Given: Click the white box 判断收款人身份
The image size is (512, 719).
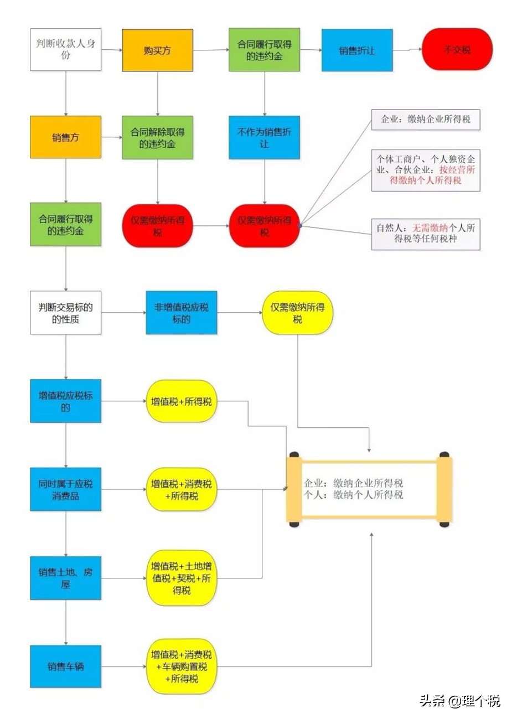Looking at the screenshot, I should (x=65, y=50).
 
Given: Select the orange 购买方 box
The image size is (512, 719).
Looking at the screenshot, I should (x=157, y=50).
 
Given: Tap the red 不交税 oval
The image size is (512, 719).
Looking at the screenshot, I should (x=457, y=50).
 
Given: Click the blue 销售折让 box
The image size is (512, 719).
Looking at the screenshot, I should (x=357, y=50).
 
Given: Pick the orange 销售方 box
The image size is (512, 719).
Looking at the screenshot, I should (x=65, y=137).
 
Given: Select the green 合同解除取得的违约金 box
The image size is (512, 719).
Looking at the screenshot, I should (x=157, y=137).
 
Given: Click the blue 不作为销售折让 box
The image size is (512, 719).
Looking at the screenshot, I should (x=264, y=137).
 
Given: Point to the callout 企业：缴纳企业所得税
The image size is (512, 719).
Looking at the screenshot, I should (x=425, y=120).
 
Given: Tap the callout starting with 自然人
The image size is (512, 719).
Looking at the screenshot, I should (x=425, y=234).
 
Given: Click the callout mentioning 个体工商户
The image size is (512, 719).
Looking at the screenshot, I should (x=425, y=170).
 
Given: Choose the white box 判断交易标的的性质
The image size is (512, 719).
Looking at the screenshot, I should (x=65, y=313).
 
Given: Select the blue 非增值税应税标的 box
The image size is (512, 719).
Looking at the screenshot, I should (x=181, y=313).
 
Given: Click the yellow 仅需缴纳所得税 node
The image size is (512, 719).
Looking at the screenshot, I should (x=297, y=313).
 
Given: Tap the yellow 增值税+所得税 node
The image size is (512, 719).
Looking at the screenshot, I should (x=181, y=401).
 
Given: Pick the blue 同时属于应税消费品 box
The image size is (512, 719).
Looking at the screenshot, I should (x=65, y=489).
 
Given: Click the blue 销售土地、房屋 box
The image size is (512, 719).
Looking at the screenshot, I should (x=65, y=578).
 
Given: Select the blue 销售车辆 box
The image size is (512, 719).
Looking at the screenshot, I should (x=65, y=666).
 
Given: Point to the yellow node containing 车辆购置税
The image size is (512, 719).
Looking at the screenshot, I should (x=181, y=666).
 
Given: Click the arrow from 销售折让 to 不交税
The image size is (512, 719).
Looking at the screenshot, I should (x=407, y=50).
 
